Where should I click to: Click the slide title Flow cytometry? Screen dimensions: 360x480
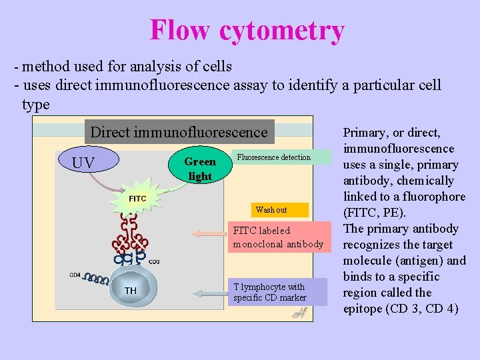click(x=247, y=31)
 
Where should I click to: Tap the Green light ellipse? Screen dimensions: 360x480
click(x=199, y=169)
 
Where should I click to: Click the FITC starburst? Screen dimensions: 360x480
click(x=137, y=198)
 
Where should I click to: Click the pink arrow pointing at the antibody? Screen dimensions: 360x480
click(x=209, y=234)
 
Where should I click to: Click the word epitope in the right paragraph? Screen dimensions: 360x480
click(x=365, y=309)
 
